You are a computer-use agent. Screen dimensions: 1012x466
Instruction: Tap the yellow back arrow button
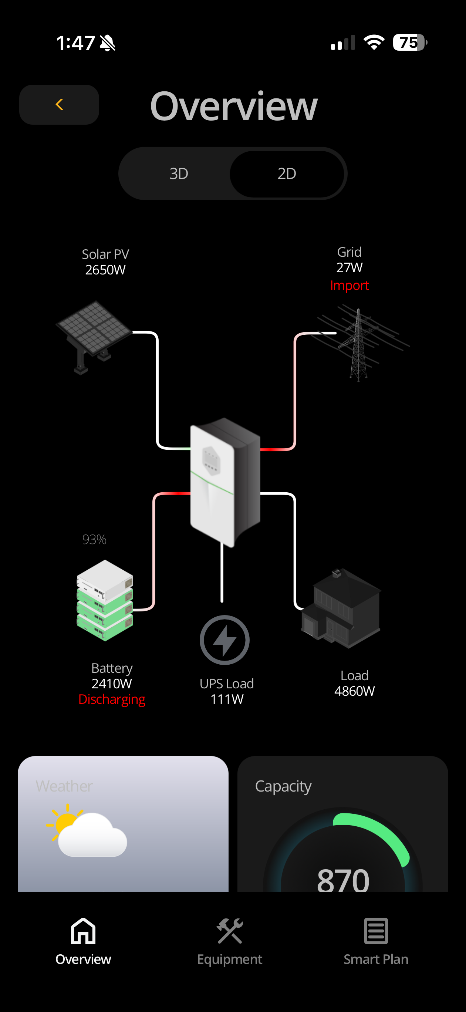pos(59,105)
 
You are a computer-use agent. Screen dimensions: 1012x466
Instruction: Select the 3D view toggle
pos(179,173)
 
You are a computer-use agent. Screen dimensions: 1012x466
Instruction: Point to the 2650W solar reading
pos(105,270)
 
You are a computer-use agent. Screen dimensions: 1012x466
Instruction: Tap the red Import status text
pos(349,285)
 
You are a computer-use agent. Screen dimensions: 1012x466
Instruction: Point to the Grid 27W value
pos(349,267)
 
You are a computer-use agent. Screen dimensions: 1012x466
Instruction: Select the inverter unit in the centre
pos(225,481)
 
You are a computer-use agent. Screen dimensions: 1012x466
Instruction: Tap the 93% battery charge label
pos(94,539)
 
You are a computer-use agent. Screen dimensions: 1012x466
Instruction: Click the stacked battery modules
pos(105,600)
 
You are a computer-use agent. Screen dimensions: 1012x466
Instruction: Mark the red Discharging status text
pos(112,699)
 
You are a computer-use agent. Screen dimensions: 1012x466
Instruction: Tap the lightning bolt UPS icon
pos(224,640)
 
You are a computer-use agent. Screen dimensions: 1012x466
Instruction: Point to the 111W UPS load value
pos(227,699)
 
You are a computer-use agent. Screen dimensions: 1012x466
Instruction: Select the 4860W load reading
pos(354,691)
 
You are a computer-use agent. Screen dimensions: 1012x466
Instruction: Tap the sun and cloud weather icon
pos(87,831)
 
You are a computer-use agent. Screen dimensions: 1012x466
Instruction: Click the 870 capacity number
pos(343,880)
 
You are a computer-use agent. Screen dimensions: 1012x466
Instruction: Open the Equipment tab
pos(229,941)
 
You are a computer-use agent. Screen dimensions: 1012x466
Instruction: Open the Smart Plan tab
pos(376,941)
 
